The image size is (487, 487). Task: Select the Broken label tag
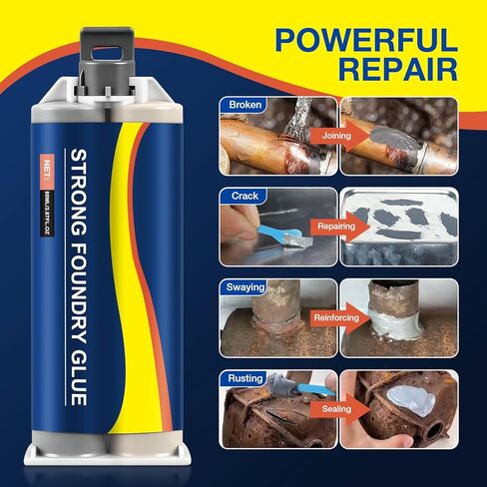click(245, 105)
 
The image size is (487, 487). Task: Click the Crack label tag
click(243, 196)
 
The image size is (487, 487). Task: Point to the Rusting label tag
click(245, 378)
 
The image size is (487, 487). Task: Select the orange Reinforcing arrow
click(336, 318)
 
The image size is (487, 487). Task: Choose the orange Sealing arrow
click(334, 409)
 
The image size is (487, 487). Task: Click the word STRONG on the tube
click(76, 185)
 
